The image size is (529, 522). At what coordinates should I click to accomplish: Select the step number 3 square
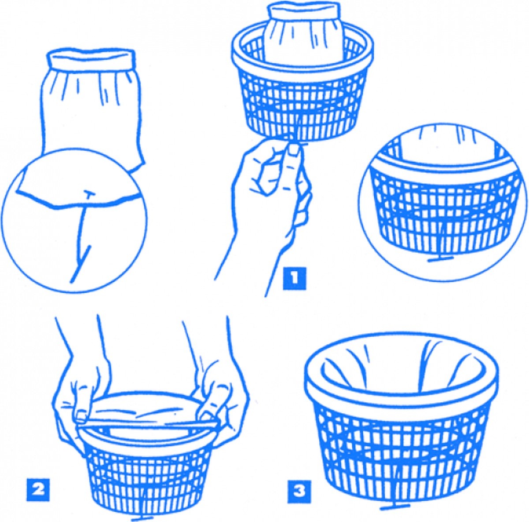point(299,491)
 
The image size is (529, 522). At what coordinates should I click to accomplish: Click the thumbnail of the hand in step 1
point(294,150)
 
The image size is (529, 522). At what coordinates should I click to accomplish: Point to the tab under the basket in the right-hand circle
point(440,259)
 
